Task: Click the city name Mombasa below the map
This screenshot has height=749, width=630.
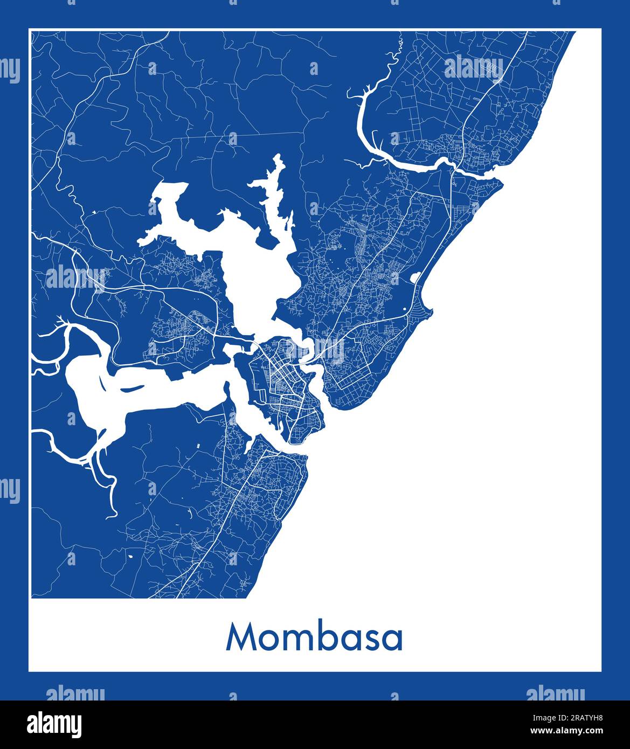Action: pyautogui.click(x=315, y=637)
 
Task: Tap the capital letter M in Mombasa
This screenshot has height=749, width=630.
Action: pyautogui.click(x=240, y=637)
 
